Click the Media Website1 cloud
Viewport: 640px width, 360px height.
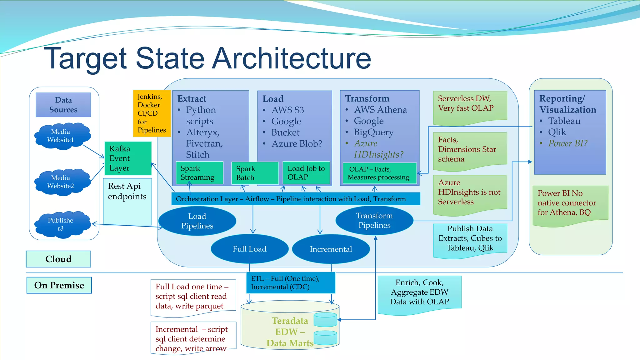pos(61,136)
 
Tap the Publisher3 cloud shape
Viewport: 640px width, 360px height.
pos(61,224)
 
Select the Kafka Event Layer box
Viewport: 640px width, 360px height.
pos(128,158)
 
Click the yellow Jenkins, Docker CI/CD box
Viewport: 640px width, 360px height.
pos(152,113)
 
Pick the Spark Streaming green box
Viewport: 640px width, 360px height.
pos(199,173)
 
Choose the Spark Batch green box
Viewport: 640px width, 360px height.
pos(254,173)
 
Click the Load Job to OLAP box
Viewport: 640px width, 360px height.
pos(306,172)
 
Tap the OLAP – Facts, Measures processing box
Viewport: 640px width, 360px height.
pos(379,173)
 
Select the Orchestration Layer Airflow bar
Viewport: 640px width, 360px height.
pos(295,199)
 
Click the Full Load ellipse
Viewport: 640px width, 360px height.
pos(249,249)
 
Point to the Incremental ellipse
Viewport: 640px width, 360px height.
pos(331,249)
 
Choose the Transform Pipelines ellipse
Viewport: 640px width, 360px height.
pos(374,220)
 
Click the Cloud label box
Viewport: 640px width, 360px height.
pos(58,259)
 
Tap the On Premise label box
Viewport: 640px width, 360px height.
pos(59,285)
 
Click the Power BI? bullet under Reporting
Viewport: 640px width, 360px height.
pos(567,143)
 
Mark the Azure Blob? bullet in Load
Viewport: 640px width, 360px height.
pos(296,144)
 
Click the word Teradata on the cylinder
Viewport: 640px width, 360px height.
pos(290,321)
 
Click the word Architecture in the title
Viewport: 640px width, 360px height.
pos(291,58)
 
